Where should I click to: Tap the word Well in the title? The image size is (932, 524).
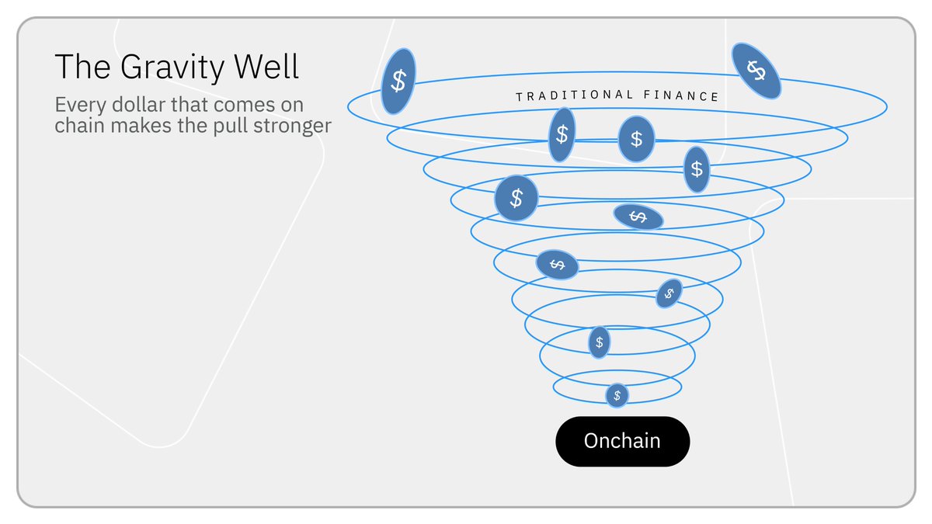(x=268, y=68)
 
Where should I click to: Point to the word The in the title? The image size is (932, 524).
(x=79, y=68)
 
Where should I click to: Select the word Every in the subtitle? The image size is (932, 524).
(x=78, y=106)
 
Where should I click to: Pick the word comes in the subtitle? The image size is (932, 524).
(x=238, y=106)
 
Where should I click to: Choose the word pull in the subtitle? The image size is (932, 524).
(x=235, y=126)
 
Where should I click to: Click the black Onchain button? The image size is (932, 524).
(x=622, y=442)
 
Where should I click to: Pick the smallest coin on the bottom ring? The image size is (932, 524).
(x=617, y=395)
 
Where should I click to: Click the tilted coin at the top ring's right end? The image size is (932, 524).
(x=756, y=71)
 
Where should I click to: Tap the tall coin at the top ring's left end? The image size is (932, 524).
(x=398, y=82)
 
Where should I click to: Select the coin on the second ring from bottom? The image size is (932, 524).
(x=599, y=342)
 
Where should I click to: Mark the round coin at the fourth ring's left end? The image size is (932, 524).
(x=516, y=198)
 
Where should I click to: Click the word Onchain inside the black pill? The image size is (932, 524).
(x=622, y=442)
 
